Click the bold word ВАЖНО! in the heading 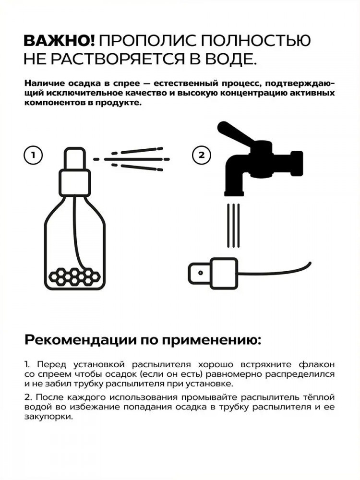[60, 41]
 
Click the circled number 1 [33, 155]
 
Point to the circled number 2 [202, 155]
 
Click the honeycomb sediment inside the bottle [75, 276]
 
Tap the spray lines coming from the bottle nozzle [132, 159]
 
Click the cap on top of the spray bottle [74, 158]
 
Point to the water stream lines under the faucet [234, 225]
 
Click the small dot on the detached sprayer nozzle [201, 273]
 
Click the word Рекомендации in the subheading [80, 340]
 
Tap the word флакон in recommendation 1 [317, 365]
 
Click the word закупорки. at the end [49, 417]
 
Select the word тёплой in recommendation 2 [320, 397]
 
